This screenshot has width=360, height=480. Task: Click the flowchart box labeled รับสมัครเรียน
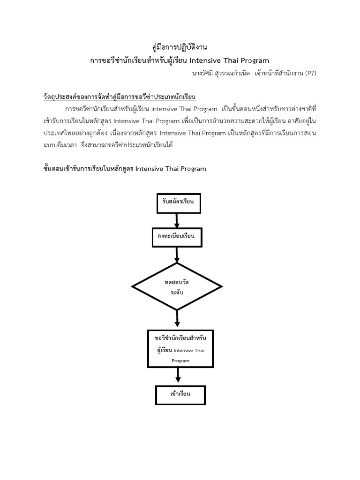click(178, 202)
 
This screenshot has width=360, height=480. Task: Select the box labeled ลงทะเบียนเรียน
click(176, 236)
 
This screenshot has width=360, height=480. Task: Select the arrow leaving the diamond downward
click(177, 319)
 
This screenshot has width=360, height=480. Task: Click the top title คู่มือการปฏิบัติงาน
click(180, 47)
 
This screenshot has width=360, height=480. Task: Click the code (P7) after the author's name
click(309, 74)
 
